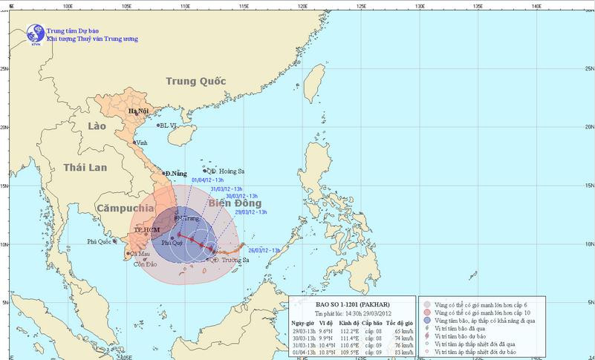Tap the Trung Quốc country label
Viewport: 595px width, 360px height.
tap(195, 82)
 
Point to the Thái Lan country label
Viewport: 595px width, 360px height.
tap(86, 168)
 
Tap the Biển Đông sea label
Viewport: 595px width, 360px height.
tap(235, 203)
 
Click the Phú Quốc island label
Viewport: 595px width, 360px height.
tap(100, 241)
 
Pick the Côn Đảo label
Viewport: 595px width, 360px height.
tap(146, 264)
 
